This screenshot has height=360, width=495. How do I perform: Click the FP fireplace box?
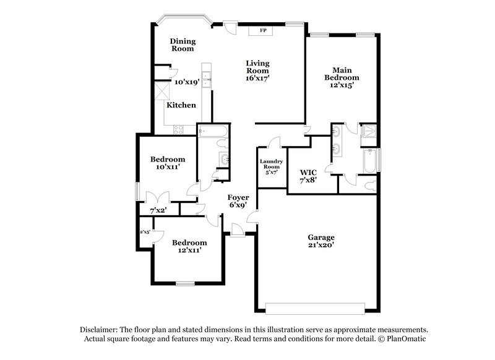pos(263,30)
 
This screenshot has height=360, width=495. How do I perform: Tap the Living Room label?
pos(257,71)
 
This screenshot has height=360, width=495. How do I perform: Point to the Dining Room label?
pos(183,45)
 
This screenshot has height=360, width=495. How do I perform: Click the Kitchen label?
pos(181,105)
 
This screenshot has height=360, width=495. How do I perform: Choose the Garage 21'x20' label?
pos(321,241)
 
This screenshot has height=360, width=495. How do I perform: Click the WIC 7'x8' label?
pos(308,176)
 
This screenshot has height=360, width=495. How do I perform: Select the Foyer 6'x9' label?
pos(238,201)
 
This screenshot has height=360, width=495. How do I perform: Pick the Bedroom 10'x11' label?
pos(168,163)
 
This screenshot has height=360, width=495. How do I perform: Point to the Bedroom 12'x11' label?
pos(189,246)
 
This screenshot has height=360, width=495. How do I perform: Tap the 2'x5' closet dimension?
pos(145,232)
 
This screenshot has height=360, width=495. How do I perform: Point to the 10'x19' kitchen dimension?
pos(186,82)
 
